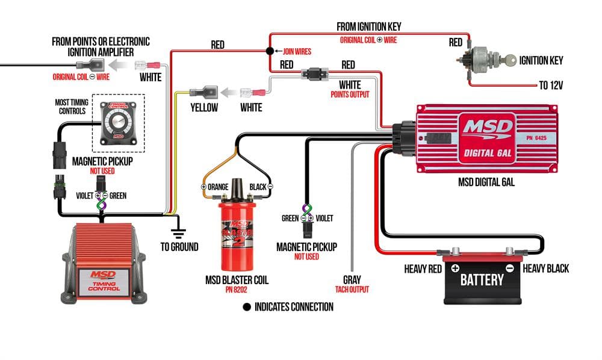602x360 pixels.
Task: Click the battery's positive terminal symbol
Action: [455, 268]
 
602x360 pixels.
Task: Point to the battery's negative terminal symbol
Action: [509, 268]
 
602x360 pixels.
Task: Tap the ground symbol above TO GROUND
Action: [178, 231]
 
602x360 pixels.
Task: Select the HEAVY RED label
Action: [423, 268]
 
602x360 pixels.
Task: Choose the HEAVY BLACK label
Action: [545, 268]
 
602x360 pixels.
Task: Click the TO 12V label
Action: [551, 85]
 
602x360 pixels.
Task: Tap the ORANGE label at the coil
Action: [218, 187]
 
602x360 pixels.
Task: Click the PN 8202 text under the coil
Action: [236, 290]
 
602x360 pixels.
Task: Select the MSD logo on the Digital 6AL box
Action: [488, 128]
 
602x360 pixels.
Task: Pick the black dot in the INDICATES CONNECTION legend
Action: [247, 307]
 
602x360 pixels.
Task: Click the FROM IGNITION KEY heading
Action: [368, 26]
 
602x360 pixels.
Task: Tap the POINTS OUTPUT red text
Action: [349, 95]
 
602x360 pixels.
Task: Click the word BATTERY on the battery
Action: [482, 279]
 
